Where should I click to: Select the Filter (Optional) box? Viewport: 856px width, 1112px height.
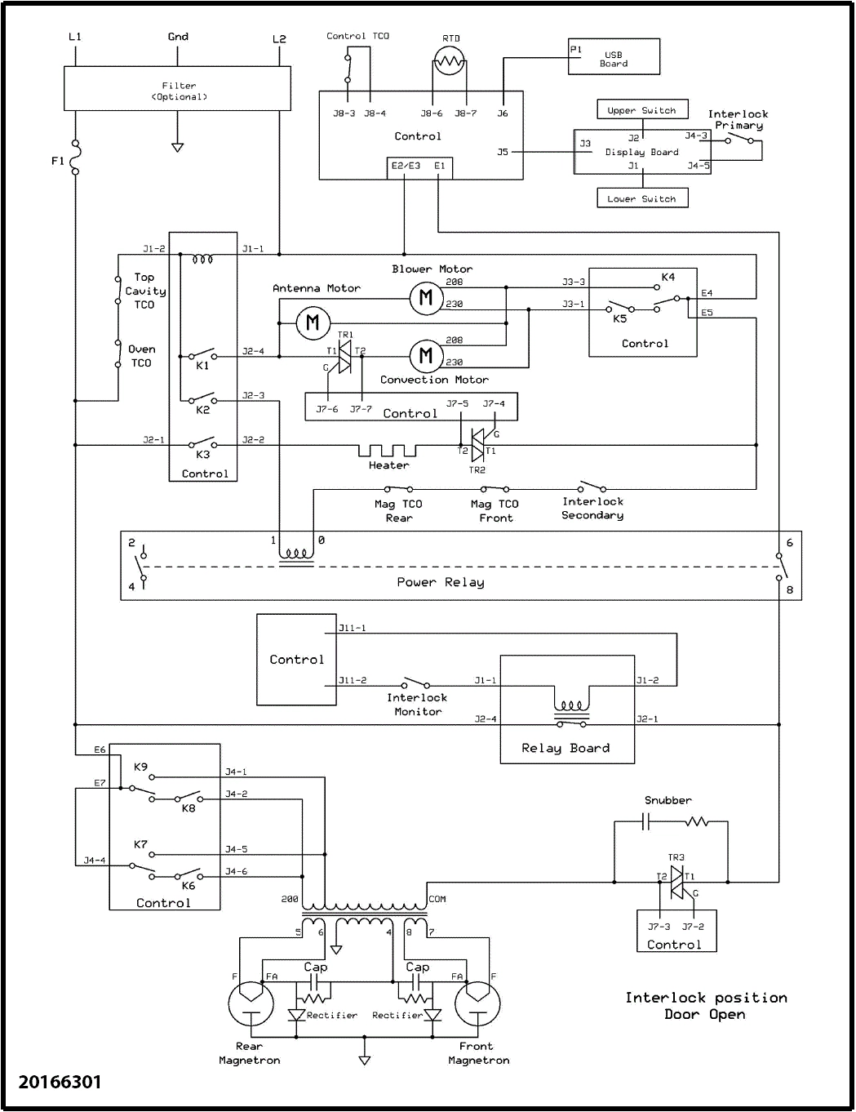(x=177, y=89)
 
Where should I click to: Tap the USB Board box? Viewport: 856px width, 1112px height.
(x=614, y=58)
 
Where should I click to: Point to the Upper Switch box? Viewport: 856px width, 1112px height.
(x=641, y=110)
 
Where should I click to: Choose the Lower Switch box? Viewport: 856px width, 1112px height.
(x=641, y=198)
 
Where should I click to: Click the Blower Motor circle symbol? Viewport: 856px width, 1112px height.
(x=425, y=298)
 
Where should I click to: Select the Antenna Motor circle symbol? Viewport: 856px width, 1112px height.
(x=312, y=323)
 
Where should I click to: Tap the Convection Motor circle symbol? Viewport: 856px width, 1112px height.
(x=425, y=355)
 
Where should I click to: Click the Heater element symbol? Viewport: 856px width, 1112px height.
(x=388, y=451)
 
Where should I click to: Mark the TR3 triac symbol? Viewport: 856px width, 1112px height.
(x=676, y=882)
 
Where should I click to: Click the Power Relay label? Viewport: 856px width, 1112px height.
(x=441, y=582)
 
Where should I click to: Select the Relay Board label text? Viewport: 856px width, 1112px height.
(x=565, y=748)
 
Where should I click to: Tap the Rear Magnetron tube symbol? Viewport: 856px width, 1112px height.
(x=250, y=1003)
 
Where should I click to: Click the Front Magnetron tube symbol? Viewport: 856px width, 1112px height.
(x=477, y=1003)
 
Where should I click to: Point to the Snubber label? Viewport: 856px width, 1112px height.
(x=668, y=800)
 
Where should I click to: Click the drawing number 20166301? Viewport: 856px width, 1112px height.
(x=60, y=1082)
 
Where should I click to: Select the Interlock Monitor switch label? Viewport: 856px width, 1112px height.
(x=417, y=705)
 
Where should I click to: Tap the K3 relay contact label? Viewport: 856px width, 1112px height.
(x=202, y=455)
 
